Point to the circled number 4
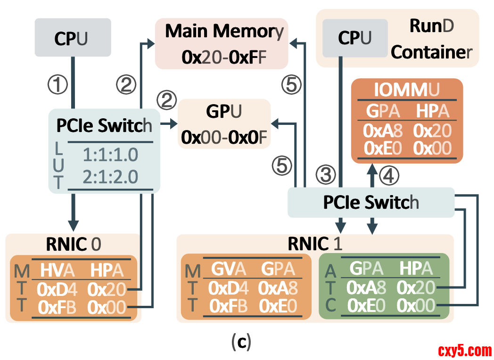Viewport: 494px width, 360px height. point(390,175)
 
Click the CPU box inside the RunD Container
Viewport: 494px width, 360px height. point(355,38)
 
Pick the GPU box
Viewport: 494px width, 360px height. point(224,123)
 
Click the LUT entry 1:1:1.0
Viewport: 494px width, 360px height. point(110,155)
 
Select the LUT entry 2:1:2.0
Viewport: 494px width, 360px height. point(110,176)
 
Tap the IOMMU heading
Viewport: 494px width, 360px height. point(407,90)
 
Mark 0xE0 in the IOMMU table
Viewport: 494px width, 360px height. point(382,148)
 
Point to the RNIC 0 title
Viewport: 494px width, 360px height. point(73,244)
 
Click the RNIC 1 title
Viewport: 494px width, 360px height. point(314,244)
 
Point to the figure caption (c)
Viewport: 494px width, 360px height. point(241,343)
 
